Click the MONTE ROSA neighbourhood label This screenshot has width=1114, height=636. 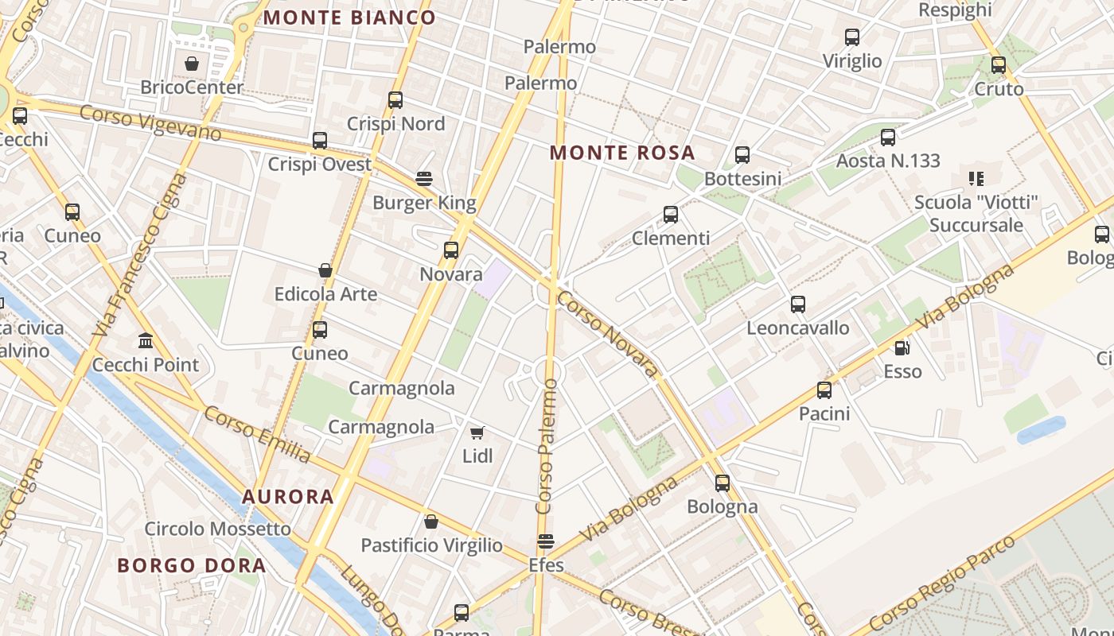pyautogui.click(x=623, y=153)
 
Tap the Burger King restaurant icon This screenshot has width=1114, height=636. pyautogui.click(x=424, y=178)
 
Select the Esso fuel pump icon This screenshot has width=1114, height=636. pyautogui.click(x=902, y=347)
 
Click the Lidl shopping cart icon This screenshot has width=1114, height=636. pyautogui.click(x=477, y=432)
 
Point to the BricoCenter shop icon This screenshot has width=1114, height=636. pyautogui.click(x=192, y=64)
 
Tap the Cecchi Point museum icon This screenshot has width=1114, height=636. pyautogui.click(x=146, y=340)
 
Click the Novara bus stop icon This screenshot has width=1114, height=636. pyautogui.click(x=451, y=250)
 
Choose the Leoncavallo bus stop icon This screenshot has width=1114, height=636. pyautogui.click(x=798, y=304)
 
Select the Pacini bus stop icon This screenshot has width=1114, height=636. pyautogui.click(x=824, y=390)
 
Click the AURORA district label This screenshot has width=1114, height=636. pyautogui.click(x=288, y=497)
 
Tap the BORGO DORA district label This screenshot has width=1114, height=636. pyautogui.click(x=192, y=565)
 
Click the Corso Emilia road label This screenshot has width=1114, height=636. pyautogui.click(x=257, y=434)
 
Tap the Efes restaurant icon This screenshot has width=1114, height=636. pyautogui.click(x=546, y=541)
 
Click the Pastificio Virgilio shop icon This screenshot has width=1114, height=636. pyautogui.click(x=431, y=522)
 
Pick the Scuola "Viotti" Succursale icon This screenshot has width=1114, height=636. pyautogui.click(x=976, y=179)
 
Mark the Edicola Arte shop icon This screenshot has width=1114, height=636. pyautogui.click(x=325, y=270)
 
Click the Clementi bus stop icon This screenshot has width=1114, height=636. pyautogui.click(x=671, y=215)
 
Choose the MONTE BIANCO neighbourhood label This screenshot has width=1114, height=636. pyautogui.click(x=349, y=17)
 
